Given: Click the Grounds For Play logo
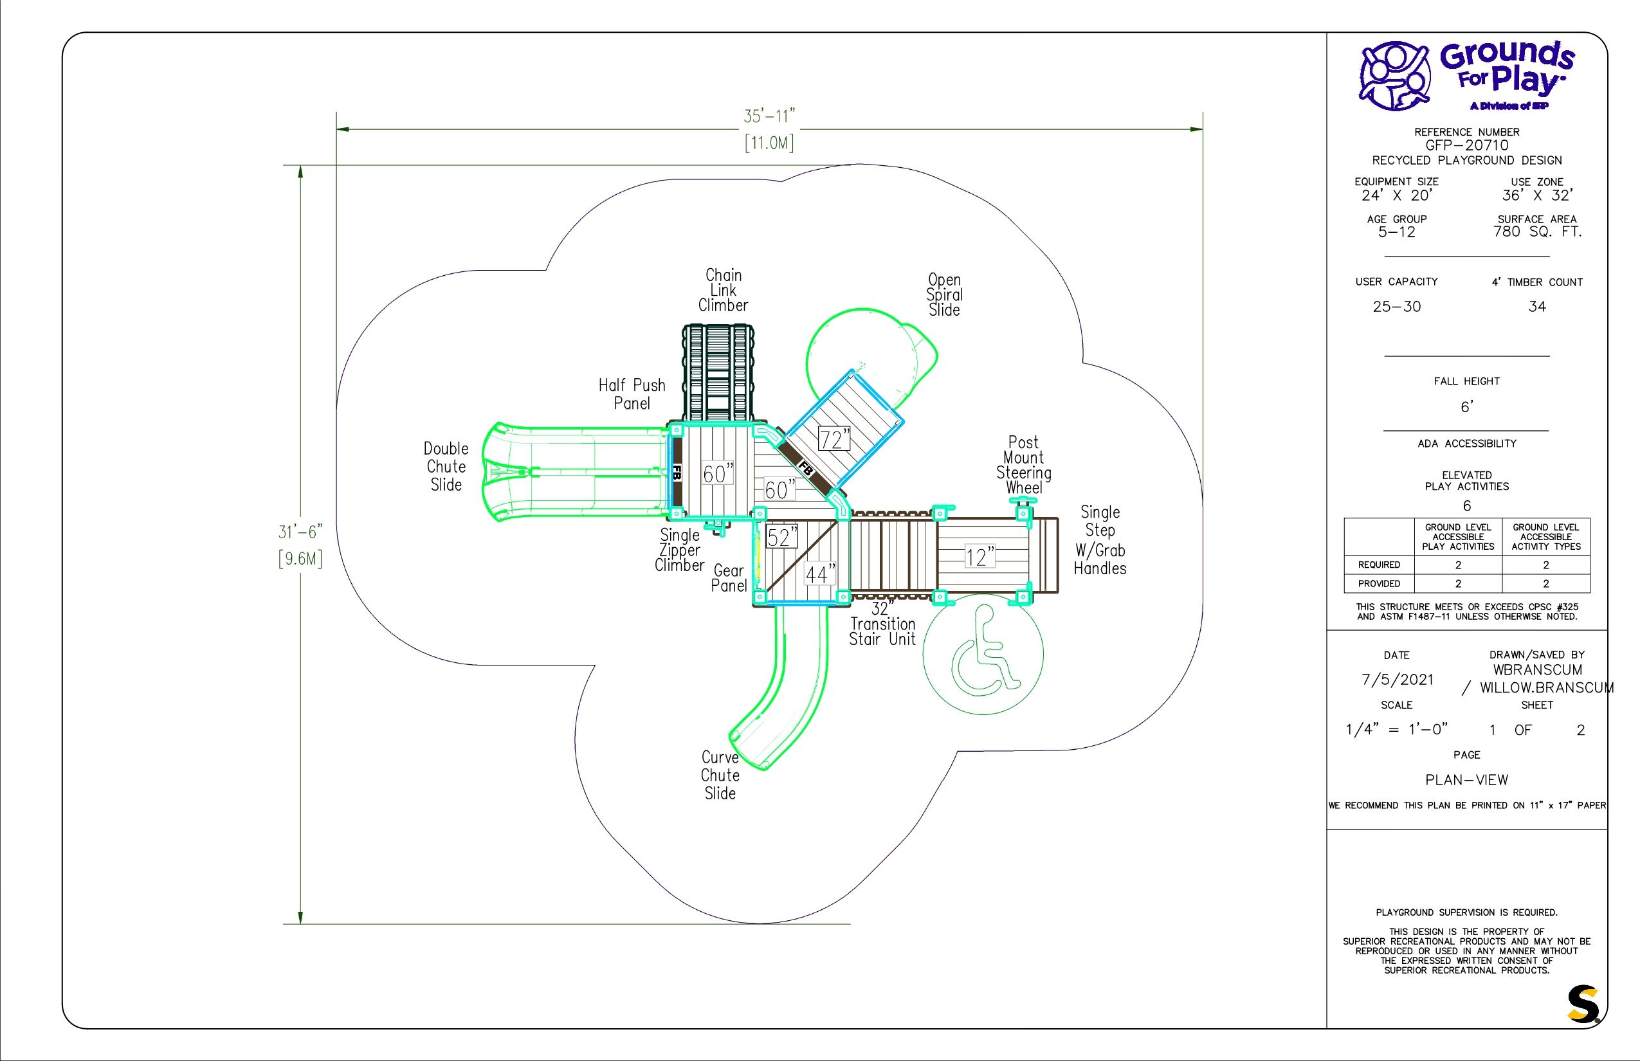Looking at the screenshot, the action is coord(1466,76).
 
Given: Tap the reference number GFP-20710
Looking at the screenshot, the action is coord(1466,145).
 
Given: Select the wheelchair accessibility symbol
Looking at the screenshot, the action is coord(983,653).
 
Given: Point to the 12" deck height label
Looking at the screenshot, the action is coord(980,556).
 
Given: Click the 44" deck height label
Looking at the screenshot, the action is coord(821,573).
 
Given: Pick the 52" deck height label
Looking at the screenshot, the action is coord(782,537).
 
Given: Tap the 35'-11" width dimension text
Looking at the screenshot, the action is coord(769,116).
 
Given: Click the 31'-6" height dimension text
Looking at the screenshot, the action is coord(300,532).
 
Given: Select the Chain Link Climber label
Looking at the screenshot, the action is coord(723,290).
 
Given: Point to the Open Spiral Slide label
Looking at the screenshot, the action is coord(944,295).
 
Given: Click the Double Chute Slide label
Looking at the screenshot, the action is coord(446,466).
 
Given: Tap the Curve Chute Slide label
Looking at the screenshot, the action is coord(720,775).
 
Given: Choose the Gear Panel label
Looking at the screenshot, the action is coord(729,578).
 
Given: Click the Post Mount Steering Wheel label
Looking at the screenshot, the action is coord(1023,465).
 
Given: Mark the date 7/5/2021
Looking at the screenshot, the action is coord(1397,679).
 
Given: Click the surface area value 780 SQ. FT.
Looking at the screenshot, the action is coord(1537,232).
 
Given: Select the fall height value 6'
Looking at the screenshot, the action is coord(1467,407).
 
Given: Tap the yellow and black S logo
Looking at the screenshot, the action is coord(1583,1004).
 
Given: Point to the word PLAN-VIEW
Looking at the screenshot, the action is coord(1466,780).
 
